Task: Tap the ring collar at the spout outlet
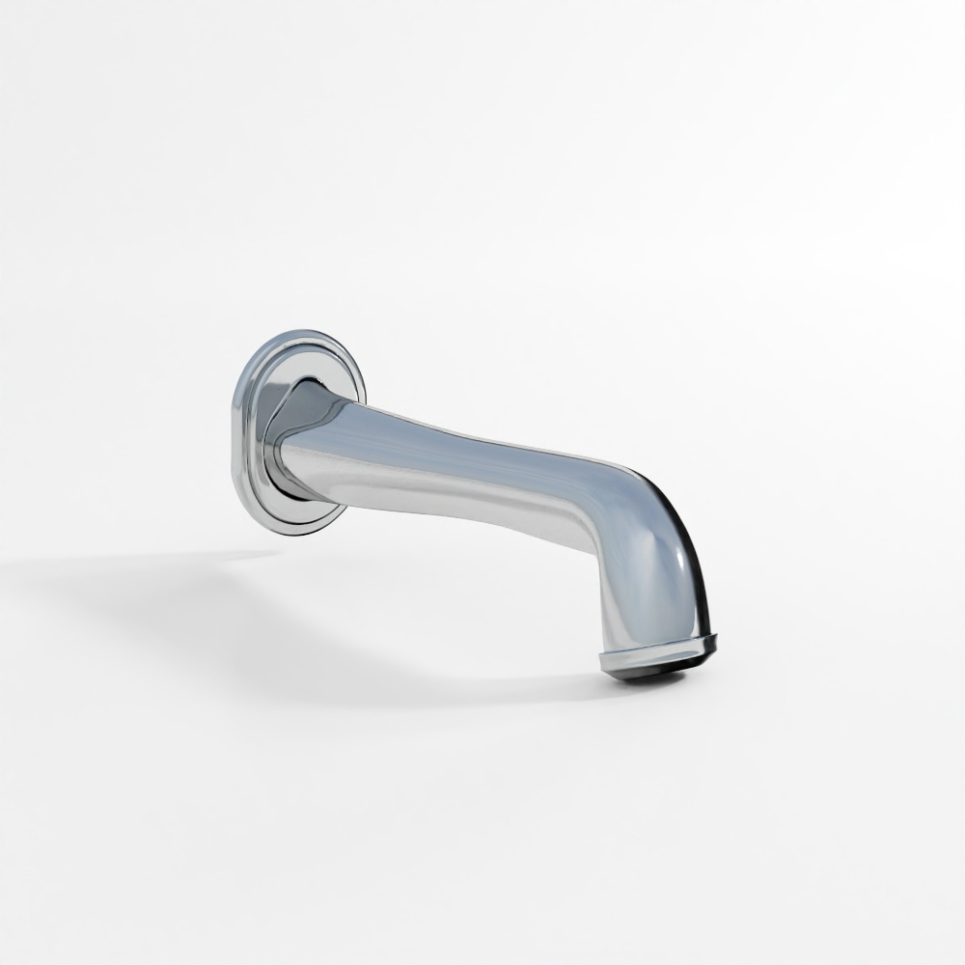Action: pos(656,655)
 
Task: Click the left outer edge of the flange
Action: pos(234,434)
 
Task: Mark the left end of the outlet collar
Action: pos(604,661)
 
